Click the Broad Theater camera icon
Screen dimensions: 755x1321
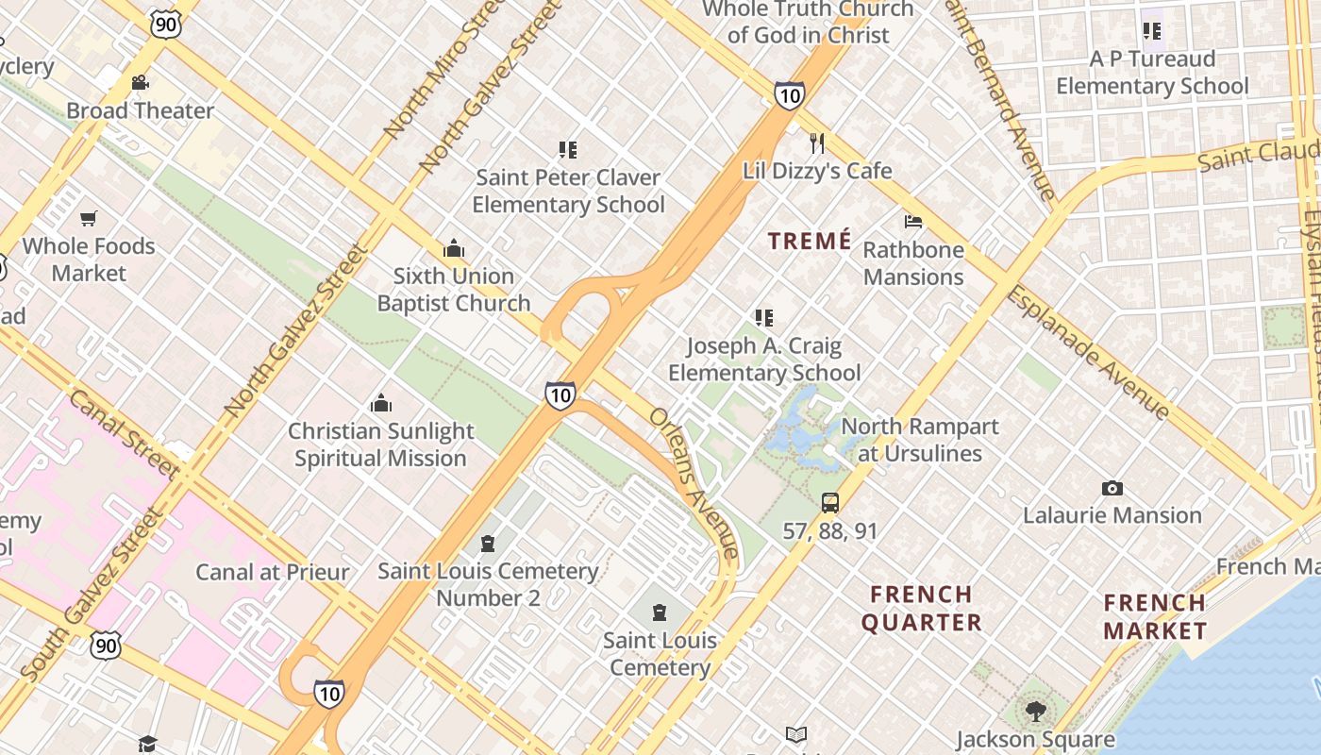point(140,83)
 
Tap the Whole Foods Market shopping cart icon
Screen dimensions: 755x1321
point(88,219)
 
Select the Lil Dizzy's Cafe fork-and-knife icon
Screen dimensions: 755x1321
point(817,143)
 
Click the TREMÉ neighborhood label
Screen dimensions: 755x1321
point(810,241)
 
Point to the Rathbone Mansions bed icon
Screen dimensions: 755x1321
point(912,222)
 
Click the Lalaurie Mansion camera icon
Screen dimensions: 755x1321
point(1112,488)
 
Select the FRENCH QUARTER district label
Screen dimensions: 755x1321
point(921,609)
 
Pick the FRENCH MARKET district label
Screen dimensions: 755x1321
point(1155,616)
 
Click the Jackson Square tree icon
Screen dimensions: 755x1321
point(1035,711)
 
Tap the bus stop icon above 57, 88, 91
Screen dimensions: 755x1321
point(830,503)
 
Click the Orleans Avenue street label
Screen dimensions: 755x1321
point(694,482)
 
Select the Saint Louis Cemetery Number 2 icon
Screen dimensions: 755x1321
point(488,544)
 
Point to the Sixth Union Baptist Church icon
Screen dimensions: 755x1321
point(454,249)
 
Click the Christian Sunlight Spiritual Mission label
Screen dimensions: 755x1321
point(380,445)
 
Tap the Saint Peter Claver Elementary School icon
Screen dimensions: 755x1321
point(567,149)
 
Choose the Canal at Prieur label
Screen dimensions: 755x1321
point(272,572)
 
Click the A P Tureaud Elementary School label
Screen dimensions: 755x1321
point(1152,73)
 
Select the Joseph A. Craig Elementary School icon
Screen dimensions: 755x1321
point(764,318)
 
